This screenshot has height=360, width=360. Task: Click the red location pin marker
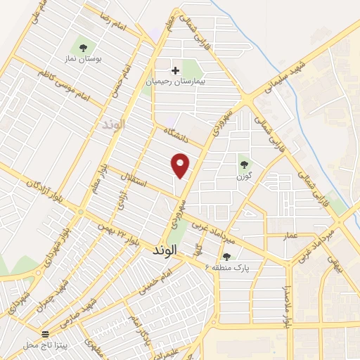coord(181,165)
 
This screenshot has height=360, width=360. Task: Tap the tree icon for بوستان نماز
coord(84,48)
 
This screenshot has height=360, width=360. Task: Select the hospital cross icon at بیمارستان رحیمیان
coord(176,70)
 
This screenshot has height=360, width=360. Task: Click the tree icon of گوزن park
coord(244,165)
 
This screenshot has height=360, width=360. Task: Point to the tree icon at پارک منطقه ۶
coord(226,257)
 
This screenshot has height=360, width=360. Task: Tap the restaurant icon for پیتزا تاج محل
coord(46,334)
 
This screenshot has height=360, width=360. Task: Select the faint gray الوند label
coord(112,124)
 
